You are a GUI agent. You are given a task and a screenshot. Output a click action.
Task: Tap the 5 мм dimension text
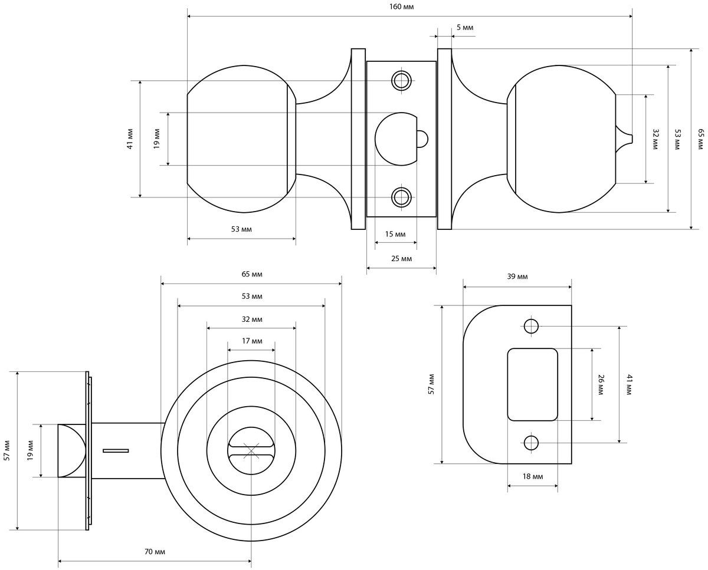pyautogui.click(x=465, y=28)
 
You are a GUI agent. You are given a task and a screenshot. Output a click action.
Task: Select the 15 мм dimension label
pyautogui.click(x=395, y=235)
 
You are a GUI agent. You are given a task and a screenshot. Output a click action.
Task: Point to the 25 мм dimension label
pyautogui.click(x=401, y=259)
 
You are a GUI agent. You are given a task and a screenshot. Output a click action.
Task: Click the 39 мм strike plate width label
pyautogui.click(x=517, y=276)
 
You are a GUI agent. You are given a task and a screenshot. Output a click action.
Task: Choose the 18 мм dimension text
pyautogui.click(x=533, y=476)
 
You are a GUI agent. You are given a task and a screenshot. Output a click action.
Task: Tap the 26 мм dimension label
pyautogui.click(x=601, y=384)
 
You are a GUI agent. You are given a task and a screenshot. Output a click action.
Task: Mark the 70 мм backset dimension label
pyautogui.click(x=155, y=552)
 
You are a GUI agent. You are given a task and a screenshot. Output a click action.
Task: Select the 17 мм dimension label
pyautogui.click(x=252, y=341)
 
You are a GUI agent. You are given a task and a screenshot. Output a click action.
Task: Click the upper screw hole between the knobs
pyautogui.click(x=401, y=80)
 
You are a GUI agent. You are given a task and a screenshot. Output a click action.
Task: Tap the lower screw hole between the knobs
pyautogui.click(x=401, y=197)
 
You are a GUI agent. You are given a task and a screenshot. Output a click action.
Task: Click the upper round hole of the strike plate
pyautogui.click(x=530, y=327)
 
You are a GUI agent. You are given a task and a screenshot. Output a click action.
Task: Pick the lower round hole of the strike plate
pyautogui.click(x=530, y=443)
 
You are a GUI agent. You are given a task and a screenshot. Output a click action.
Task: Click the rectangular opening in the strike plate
pyautogui.click(x=532, y=384)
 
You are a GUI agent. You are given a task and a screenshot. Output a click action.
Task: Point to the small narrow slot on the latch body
pyautogui.click(x=116, y=450)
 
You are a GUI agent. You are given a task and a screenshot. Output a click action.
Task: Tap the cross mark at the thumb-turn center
pyautogui.click(x=251, y=451)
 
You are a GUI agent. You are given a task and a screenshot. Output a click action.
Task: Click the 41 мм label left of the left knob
pyautogui.click(x=130, y=139)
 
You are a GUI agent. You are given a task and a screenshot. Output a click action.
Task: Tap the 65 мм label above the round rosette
pyautogui.click(x=252, y=274)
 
